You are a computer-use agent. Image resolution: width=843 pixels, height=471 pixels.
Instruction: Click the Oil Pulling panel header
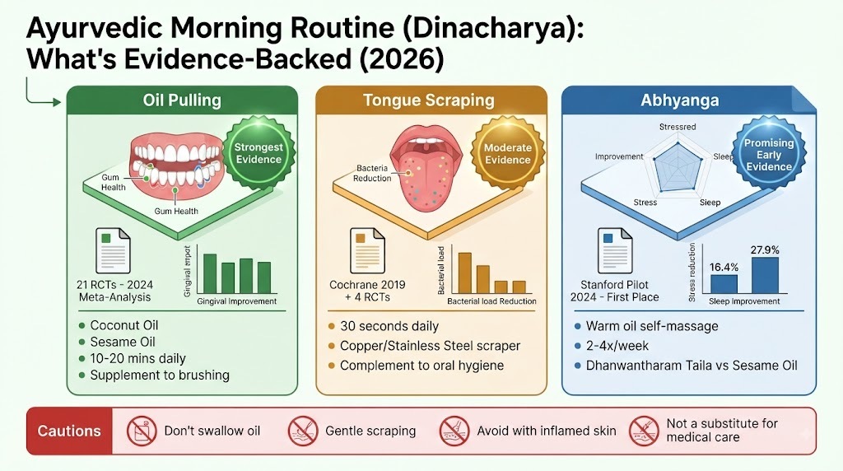pyautogui.click(x=182, y=100)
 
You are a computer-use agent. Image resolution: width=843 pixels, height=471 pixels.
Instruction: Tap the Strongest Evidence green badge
pyautogui.click(x=258, y=153)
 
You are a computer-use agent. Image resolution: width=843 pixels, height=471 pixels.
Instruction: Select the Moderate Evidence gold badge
pyautogui.click(x=507, y=154)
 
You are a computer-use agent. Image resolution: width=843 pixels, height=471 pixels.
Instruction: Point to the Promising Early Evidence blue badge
pyautogui.click(x=769, y=154)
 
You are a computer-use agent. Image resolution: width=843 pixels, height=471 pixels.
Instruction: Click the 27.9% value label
pyautogui.click(x=765, y=250)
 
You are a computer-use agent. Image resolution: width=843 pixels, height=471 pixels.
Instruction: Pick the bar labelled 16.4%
pyautogui.click(x=724, y=284)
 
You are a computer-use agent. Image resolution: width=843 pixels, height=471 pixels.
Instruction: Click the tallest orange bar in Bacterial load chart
pyautogui.click(x=464, y=273)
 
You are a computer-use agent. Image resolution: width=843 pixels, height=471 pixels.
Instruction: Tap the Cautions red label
pyautogui.click(x=69, y=431)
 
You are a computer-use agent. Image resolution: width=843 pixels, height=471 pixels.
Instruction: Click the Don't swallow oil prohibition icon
pyautogui.click(x=142, y=431)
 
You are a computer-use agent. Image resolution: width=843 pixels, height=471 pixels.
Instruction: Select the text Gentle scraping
pyautogui.click(x=370, y=431)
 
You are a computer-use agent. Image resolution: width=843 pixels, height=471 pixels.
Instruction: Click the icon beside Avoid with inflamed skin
pyautogui.click(x=454, y=431)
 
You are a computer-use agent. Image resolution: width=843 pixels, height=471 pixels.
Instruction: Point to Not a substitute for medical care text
pyautogui.click(x=722, y=430)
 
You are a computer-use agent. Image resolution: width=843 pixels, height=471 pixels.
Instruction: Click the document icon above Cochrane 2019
pyautogui.click(x=367, y=250)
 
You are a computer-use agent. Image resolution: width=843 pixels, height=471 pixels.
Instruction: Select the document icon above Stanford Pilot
pyautogui.click(x=615, y=250)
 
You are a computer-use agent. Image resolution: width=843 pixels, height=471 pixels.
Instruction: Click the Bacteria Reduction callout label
pyautogui.click(x=372, y=173)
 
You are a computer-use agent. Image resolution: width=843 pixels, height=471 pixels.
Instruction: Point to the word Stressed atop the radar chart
pyautogui.click(x=678, y=127)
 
